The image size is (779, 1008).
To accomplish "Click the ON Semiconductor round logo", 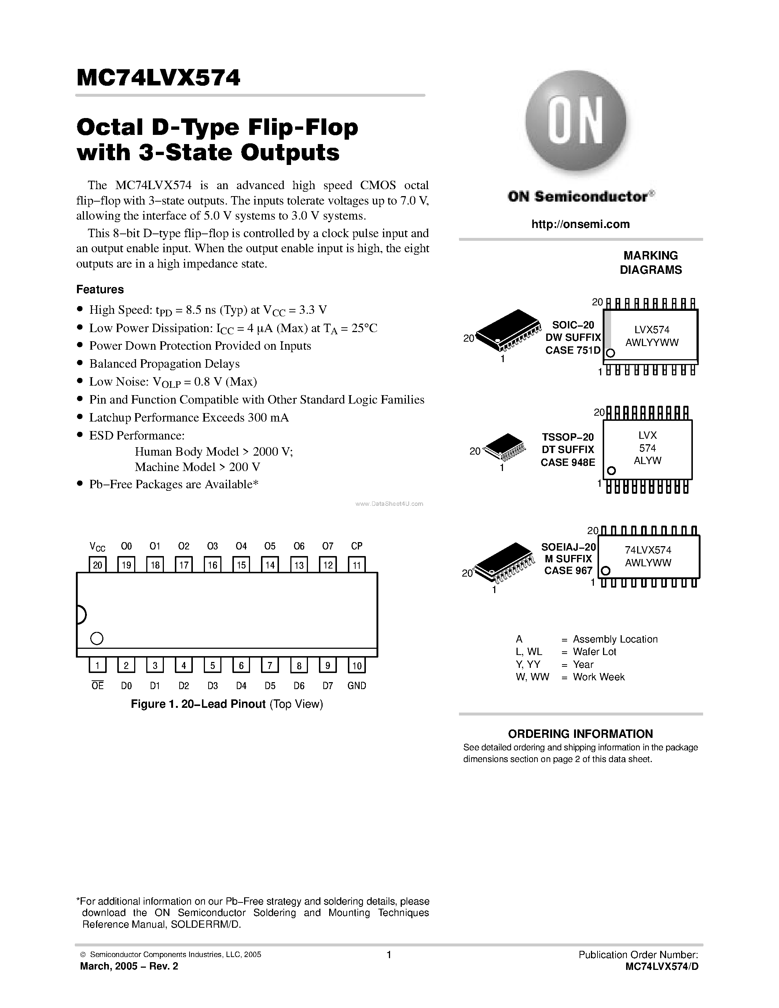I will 576,121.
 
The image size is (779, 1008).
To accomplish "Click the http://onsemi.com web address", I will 580,224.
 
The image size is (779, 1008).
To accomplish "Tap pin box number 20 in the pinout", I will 98,564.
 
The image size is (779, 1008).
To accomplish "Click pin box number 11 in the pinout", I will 356,564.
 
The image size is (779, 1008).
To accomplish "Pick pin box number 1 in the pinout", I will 98,665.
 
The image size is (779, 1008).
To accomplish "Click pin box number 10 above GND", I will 356,665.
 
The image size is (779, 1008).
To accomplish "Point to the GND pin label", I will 356,686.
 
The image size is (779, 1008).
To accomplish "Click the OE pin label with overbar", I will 98,686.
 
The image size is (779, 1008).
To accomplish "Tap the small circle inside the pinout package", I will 96,638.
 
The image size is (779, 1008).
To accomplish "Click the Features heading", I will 100,289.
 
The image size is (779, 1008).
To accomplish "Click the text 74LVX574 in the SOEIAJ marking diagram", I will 647,550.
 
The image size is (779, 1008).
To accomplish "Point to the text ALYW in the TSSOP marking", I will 647,461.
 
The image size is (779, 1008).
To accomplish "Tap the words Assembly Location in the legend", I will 615,639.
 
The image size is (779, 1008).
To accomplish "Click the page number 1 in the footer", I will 389,954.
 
